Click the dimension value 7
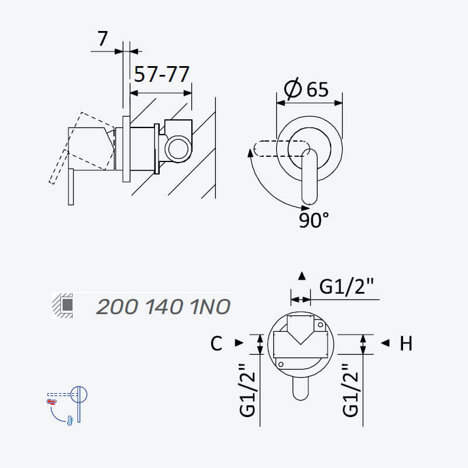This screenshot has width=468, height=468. (x=102, y=39)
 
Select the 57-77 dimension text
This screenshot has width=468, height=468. (x=161, y=74)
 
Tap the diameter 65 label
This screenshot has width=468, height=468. (x=307, y=89)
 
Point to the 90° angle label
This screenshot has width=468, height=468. (x=314, y=221)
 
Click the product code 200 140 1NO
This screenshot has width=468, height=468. (x=163, y=307)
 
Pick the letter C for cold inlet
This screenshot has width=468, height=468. (x=216, y=343)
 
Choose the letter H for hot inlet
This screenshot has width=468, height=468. (x=406, y=343)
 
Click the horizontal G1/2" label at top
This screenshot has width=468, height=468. (x=346, y=287)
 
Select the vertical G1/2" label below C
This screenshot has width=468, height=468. (x=247, y=390)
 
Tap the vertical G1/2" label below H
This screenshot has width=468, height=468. (x=350, y=390)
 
